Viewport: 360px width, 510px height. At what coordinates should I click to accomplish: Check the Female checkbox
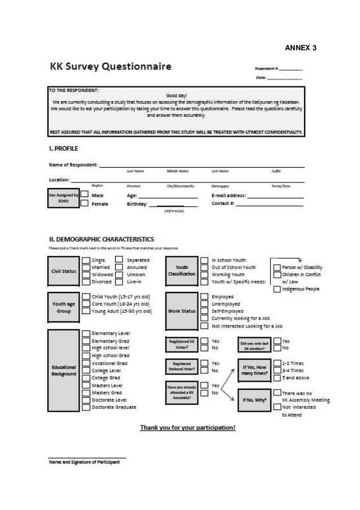coord(84,204)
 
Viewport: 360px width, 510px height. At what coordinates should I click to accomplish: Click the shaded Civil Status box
coord(63,271)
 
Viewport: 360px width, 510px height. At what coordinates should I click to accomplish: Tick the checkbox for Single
coord(85,260)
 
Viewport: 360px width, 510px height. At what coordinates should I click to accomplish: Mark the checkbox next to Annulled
coord(120,267)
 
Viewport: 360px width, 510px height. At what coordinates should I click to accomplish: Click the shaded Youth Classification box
coord(182,271)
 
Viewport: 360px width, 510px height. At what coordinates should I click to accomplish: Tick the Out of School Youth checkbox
coord(204,267)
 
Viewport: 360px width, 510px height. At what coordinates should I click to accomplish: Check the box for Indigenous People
coord(276,290)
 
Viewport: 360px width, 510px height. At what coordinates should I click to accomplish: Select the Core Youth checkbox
coord(85,304)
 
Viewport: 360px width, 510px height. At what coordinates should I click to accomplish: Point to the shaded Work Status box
coord(182,311)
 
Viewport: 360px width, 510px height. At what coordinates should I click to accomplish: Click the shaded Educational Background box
coord(63,370)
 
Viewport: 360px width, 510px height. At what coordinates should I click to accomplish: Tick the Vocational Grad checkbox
coord(85,363)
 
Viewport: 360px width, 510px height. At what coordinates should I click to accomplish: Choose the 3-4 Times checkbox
coord(276,370)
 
